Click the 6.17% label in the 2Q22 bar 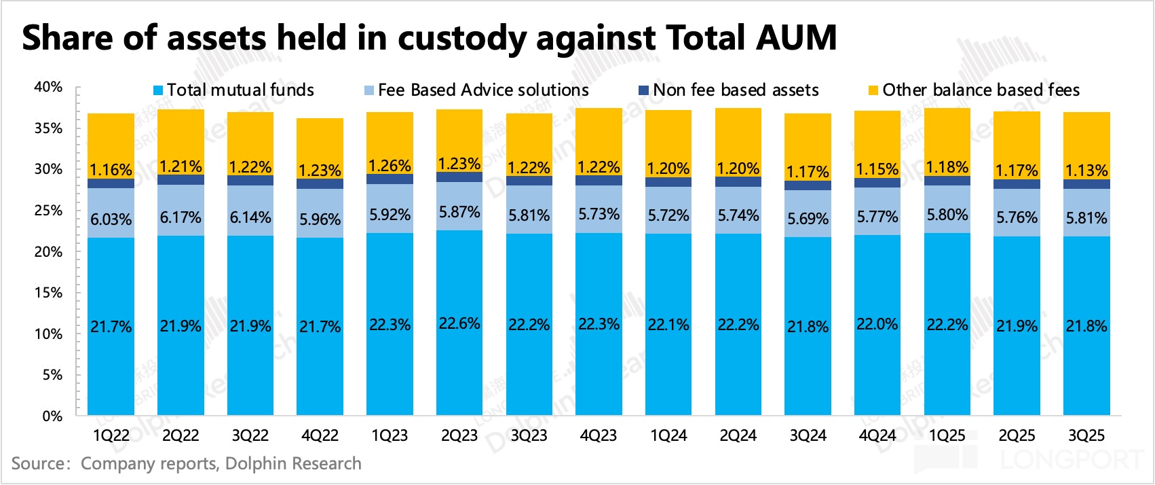click(x=181, y=217)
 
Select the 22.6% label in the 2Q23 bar click(x=459, y=323)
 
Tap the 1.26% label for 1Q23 click(x=390, y=166)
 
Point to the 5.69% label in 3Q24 click(x=808, y=219)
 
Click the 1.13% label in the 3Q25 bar click(x=1086, y=170)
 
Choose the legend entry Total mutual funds click(x=240, y=90)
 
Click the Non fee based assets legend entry click(x=736, y=90)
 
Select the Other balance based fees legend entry click(x=981, y=90)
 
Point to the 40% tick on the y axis click(x=48, y=87)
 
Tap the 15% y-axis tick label click(x=48, y=293)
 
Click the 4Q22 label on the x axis click(x=320, y=435)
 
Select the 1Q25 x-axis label click(x=947, y=435)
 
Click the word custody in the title click(x=461, y=38)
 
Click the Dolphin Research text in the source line click(x=293, y=463)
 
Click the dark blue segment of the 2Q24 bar click(x=738, y=181)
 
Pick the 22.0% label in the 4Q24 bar click(x=877, y=324)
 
